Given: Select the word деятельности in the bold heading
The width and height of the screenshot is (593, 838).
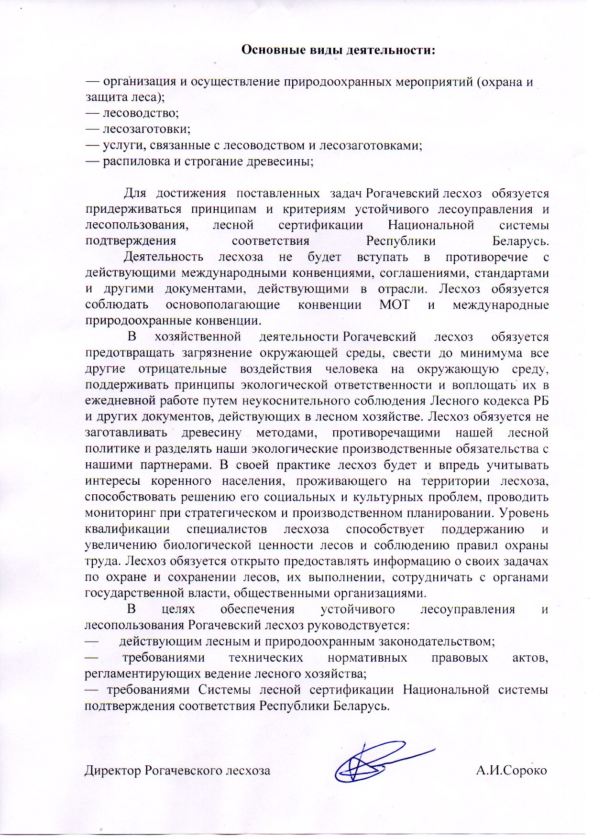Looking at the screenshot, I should click(x=389, y=50).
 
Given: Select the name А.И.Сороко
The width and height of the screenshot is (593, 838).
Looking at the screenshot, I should click(x=511, y=771).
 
